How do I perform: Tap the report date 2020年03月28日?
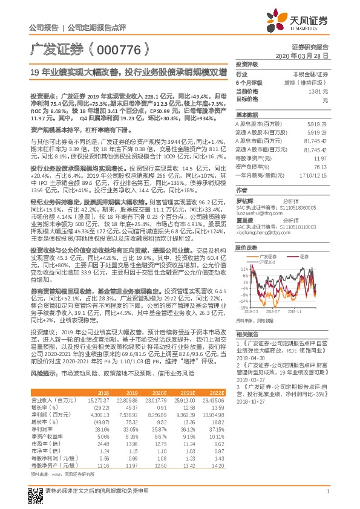click(x=306, y=55)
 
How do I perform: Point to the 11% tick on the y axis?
click(x=242, y=267)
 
